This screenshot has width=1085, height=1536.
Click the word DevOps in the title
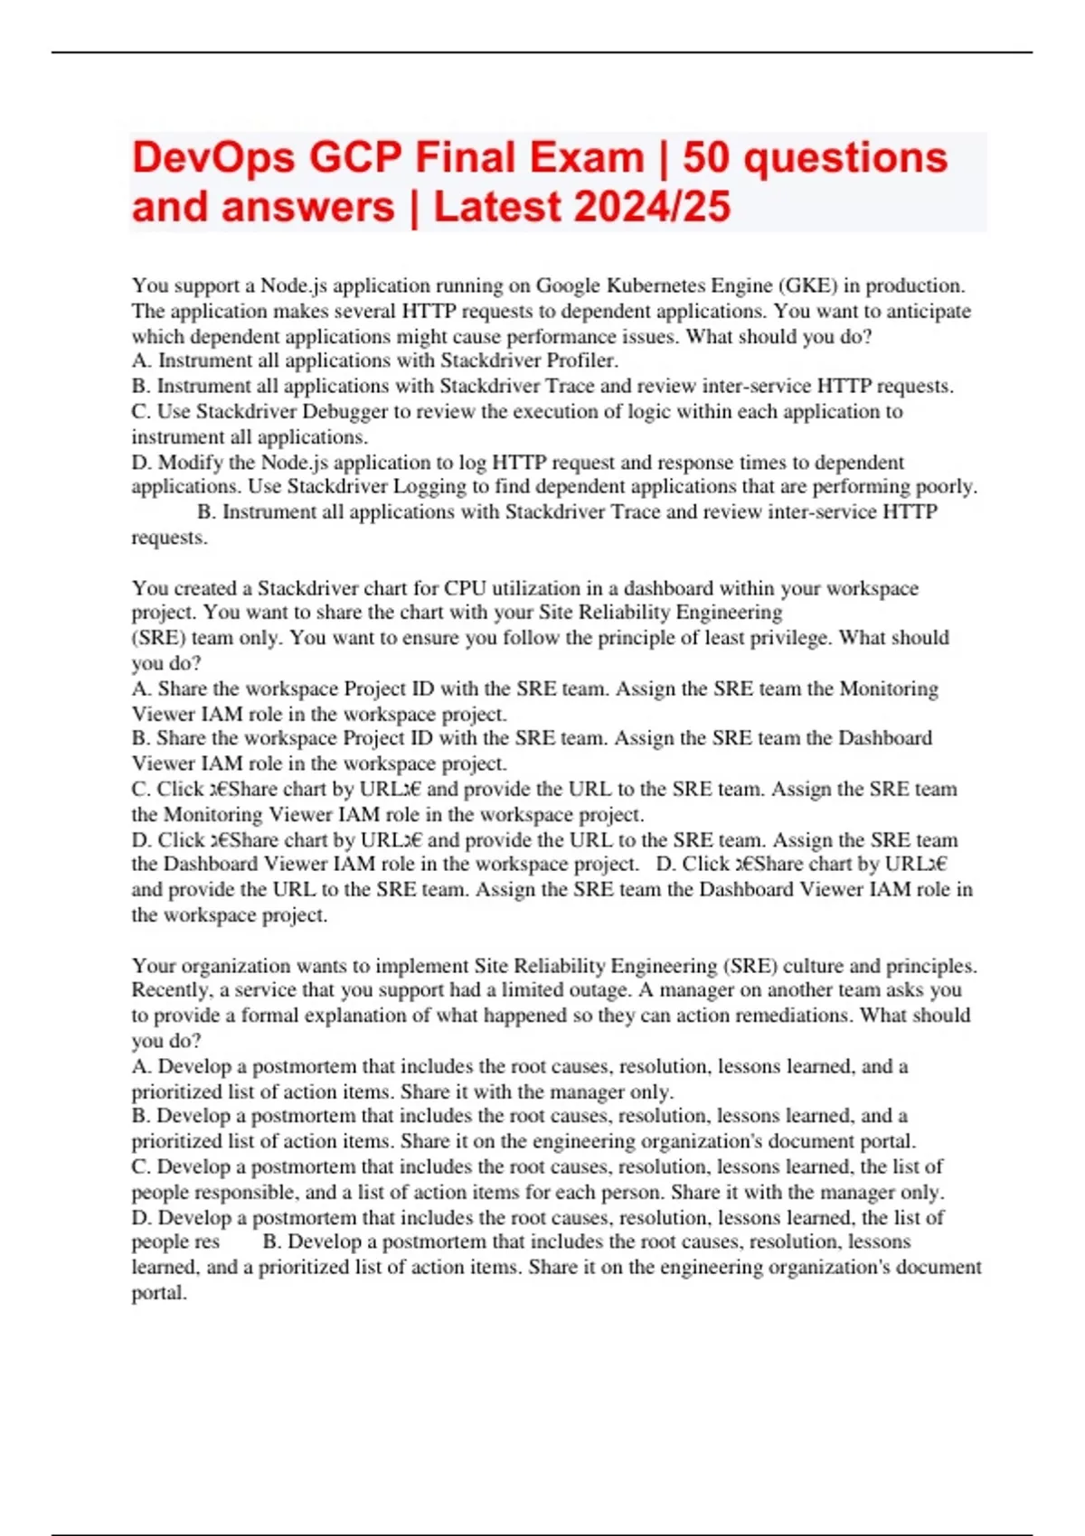(213, 157)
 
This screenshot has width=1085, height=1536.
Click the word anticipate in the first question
(929, 311)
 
